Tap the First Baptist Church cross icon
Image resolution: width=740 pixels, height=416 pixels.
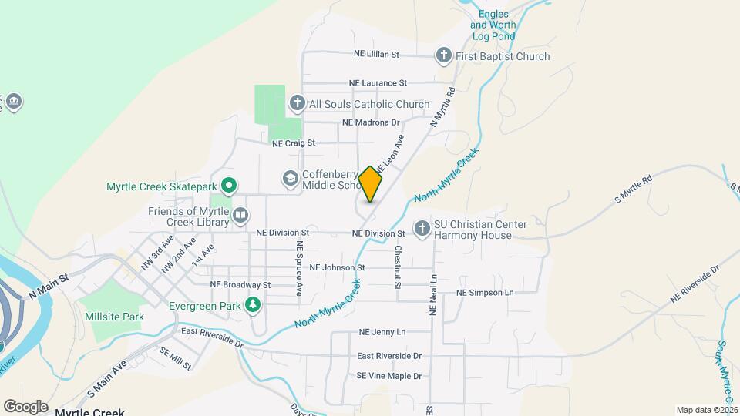coord(443,55)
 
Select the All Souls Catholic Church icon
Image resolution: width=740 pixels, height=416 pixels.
coord(298,103)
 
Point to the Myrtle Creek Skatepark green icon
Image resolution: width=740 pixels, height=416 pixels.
coord(229,186)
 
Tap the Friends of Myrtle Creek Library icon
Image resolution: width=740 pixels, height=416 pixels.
coord(240,216)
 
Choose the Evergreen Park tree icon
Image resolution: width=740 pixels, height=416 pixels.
coord(252,306)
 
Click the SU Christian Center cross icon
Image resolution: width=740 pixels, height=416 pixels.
coord(422,229)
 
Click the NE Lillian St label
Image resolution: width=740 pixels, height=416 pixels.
coord(376,55)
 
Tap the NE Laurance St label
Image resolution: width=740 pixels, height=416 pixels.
coord(378,82)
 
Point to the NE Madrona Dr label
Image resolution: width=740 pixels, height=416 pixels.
coord(372,122)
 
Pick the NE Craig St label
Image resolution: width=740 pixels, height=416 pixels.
coord(294,143)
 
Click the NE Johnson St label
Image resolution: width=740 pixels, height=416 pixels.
coord(337,267)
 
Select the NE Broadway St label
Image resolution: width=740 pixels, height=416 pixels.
coord(241,284)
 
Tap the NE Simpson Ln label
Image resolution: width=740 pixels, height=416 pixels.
coord(485,293)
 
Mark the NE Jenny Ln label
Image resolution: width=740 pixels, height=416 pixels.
coord(382,332)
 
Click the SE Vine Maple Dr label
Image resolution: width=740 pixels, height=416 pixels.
coord(389,376)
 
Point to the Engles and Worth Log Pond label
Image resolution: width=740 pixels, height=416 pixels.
coord(493,25)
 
